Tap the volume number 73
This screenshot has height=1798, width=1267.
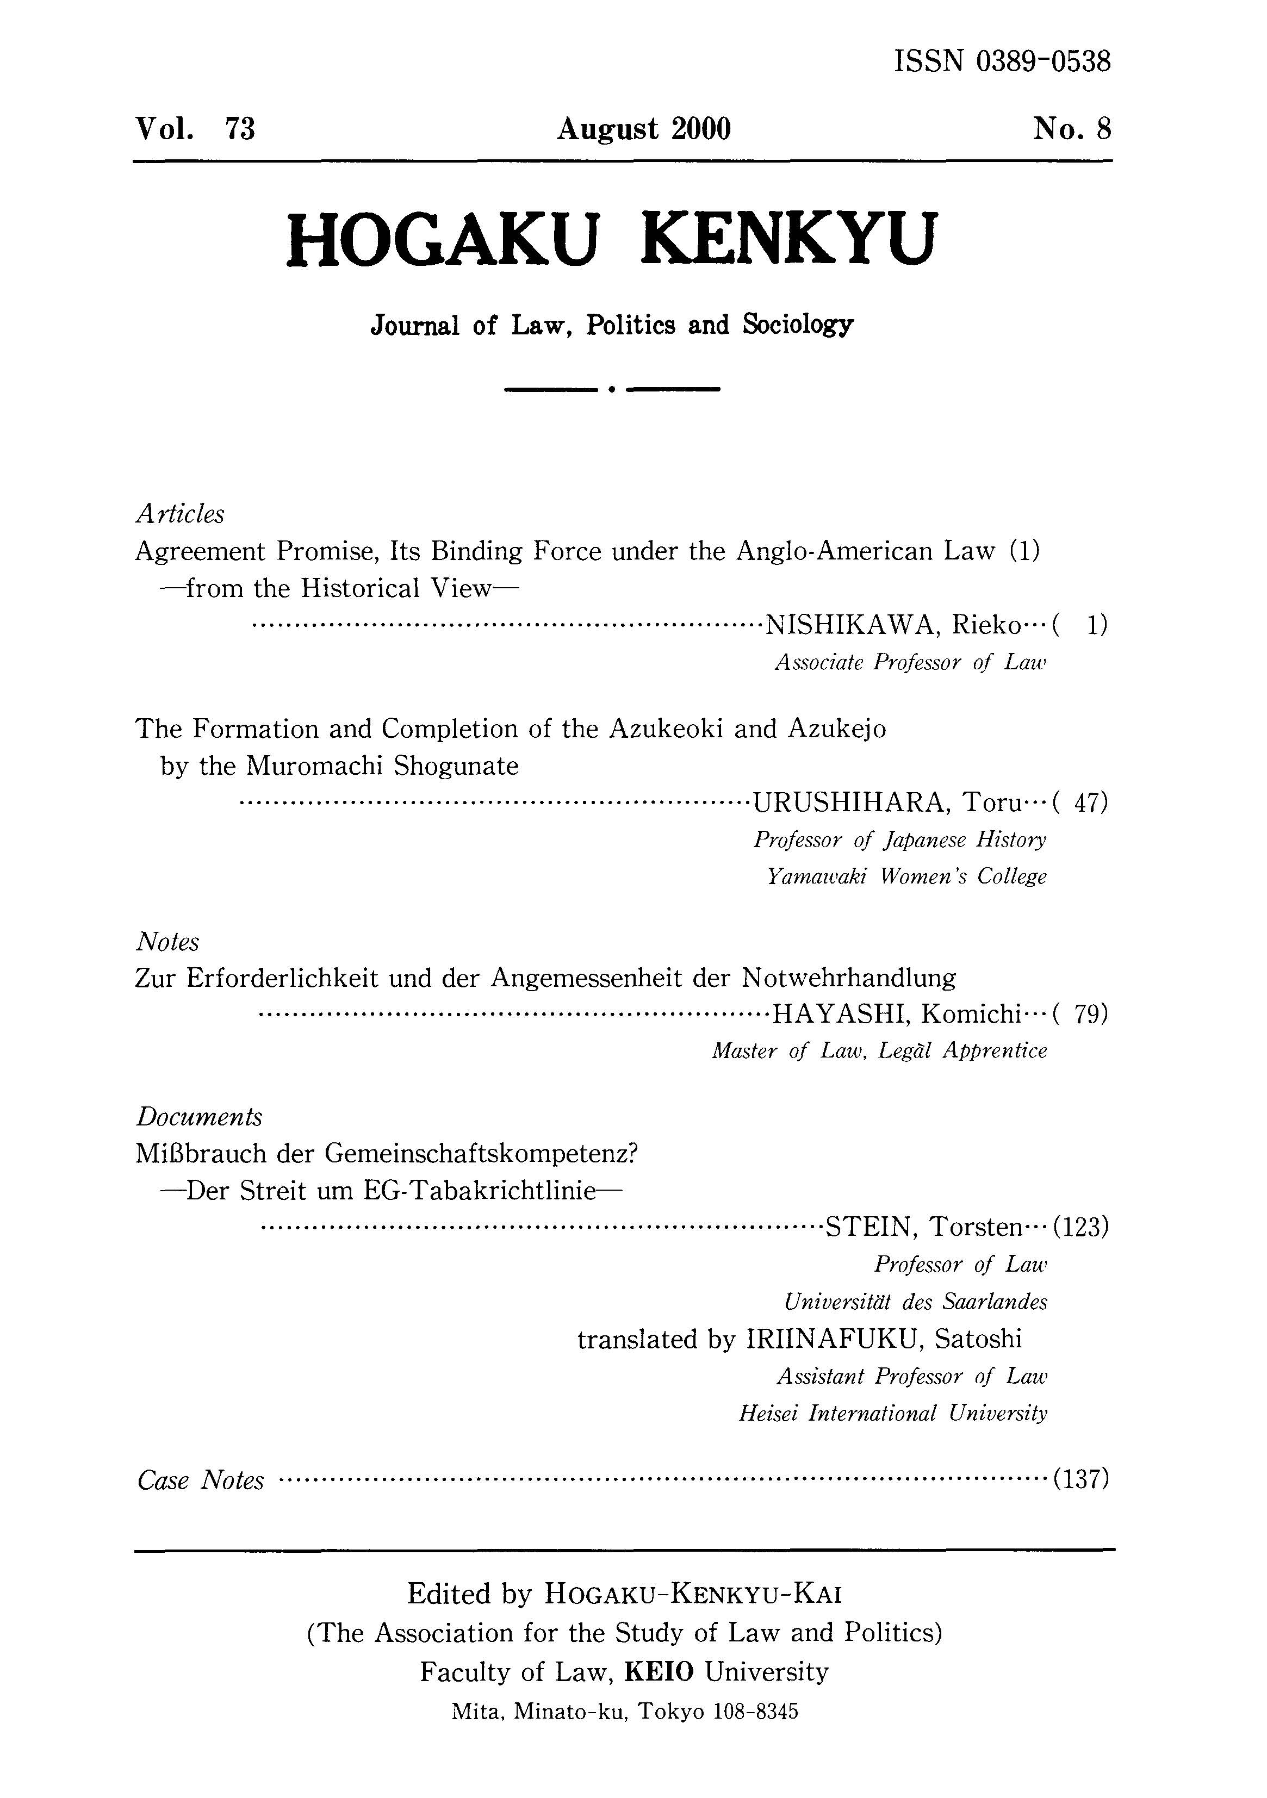[240, 128]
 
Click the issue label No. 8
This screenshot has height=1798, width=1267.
[1071, 128]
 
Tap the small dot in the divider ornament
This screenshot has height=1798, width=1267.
[611, 388]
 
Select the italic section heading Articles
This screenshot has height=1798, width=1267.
[180, 514]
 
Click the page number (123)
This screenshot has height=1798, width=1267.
[1080, 1227]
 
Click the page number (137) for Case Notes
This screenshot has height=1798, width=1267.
[1080, 1479]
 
